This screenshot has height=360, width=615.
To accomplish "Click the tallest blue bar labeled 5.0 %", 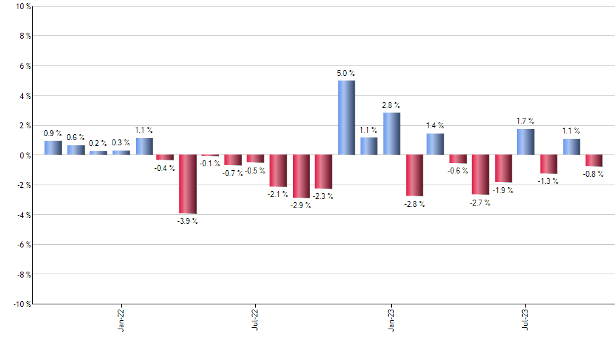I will [x=346, y=118].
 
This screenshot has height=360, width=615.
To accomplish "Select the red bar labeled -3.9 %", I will [x=188, y=184].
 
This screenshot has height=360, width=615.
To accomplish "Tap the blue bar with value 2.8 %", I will [x=391, y=134].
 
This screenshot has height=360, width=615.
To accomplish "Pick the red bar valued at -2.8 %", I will [x=414, y=175].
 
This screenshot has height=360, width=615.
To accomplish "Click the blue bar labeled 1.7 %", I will [x=525, y=142].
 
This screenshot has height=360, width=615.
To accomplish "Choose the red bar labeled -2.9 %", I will [x=301, y=176].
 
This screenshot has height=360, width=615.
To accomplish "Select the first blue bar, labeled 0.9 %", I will [x=53, y=148].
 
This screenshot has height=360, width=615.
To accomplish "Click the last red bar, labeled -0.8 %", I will [x=593, y=161].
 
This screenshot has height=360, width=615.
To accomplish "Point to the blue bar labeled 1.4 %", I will [x=435, y=144].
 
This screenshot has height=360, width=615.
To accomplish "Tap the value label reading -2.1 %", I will [x=278, y=195].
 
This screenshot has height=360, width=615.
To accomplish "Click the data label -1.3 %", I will [x=548, y=181].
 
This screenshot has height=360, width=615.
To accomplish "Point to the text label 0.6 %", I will [x=75, y=137].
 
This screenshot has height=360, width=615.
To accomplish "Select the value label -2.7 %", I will [x=480, y=203].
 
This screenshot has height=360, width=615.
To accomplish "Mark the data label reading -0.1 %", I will [x=210, y=163].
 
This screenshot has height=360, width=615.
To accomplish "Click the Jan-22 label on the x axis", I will [x=121, y=320].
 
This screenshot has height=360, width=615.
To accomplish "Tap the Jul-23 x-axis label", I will [x=525, y=320].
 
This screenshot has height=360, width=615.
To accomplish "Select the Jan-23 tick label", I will [x=391, y=320].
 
